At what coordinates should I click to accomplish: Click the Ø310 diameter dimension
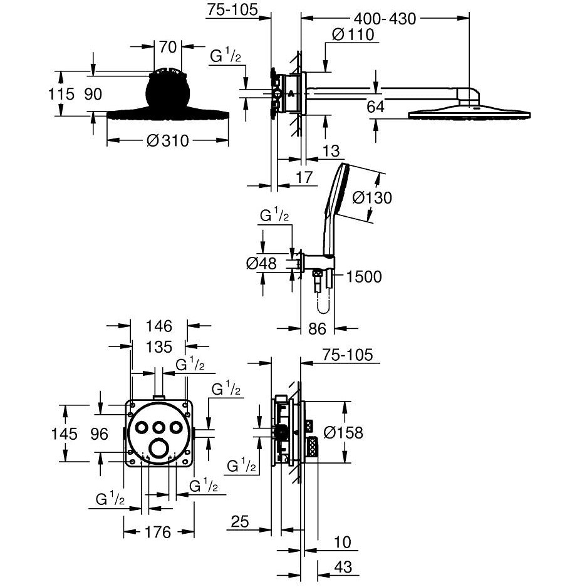[x=168, y=141]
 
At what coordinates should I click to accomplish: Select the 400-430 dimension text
[x=385, y=19]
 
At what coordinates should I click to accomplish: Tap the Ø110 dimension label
[x=353, y=34]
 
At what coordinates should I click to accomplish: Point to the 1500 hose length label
[x=363, y=277]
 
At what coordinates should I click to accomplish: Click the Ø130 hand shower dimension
[x=372, y=198]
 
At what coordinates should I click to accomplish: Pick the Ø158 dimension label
[x=343, y=432]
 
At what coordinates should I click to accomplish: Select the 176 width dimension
[x=158, y=532]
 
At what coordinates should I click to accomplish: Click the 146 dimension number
[x=158, y=326]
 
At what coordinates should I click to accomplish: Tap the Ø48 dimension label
[x=261, y=264]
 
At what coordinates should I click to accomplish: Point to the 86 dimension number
[x=318, y=329]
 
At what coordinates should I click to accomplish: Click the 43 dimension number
[x=343, y=567]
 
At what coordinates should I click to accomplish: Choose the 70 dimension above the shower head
[x=168, y=47]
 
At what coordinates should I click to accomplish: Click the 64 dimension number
[x=375, y=106]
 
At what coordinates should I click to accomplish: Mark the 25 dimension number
[x=240, y=521]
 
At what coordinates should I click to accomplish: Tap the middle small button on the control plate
[x=159, y=427]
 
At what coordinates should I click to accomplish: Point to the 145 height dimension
[x=65, y=434]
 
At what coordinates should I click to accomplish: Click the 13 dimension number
[x=331, y=151]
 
